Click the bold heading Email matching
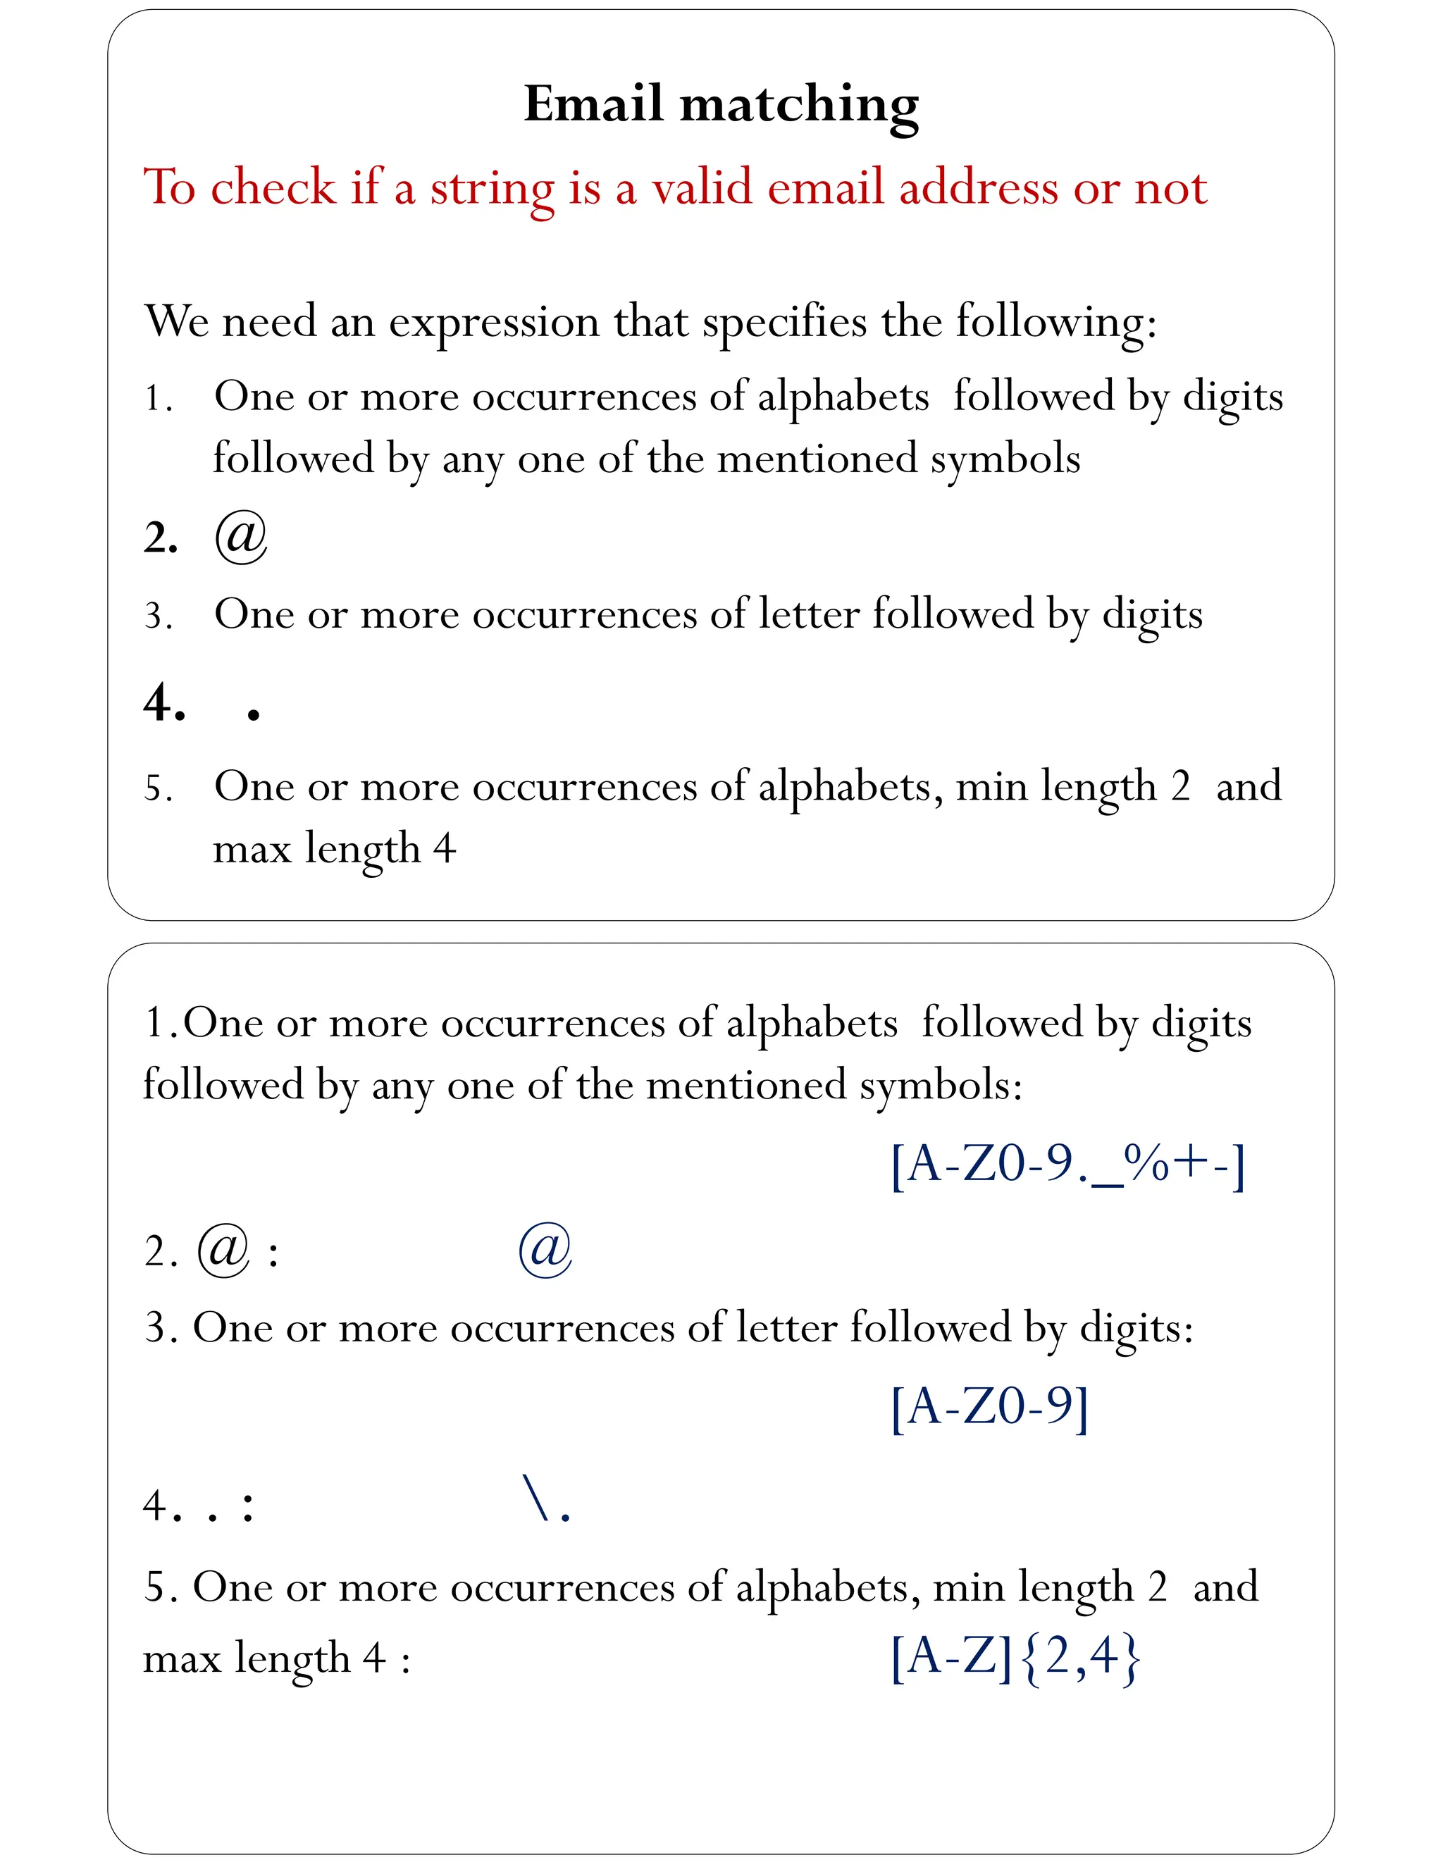pos(721,104)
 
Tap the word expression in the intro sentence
pos(494,321)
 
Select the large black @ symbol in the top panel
pos(241,537)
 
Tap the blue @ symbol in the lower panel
pos(545,1249)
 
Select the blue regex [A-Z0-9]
pos(990,1406)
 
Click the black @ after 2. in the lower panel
pos(223,1251)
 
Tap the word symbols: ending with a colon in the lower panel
pos(941,1086)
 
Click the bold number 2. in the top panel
pos(161,538)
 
